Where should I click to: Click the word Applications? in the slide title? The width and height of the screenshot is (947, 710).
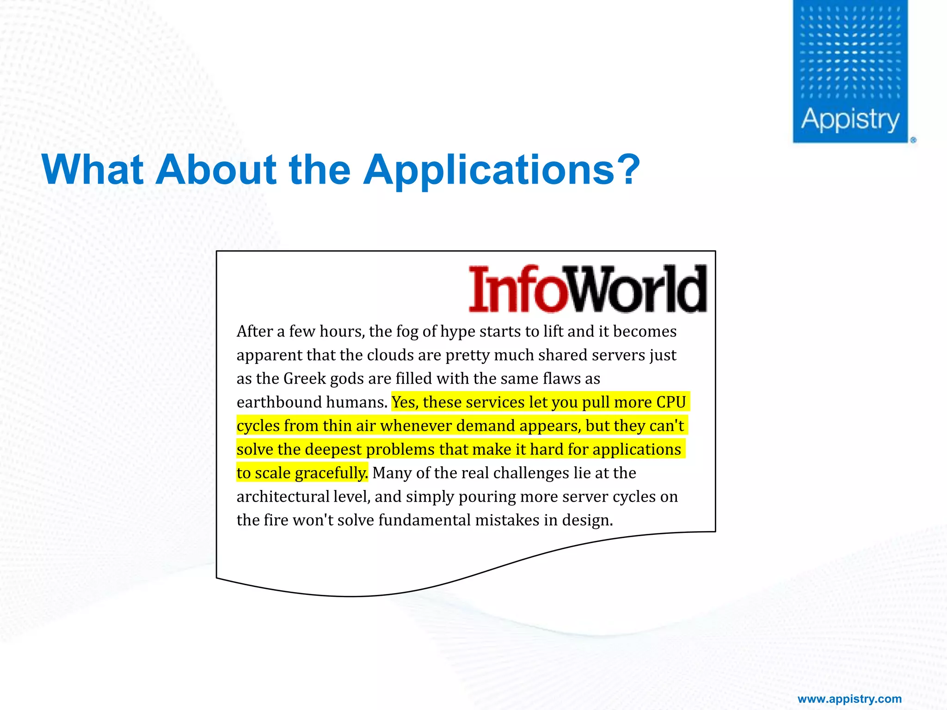tap(502, 170)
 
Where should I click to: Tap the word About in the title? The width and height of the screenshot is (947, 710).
tap(215, 169)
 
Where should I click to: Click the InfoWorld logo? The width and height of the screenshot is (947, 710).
tap(588, 289)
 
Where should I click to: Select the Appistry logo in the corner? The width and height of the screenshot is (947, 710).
tap(850, 72)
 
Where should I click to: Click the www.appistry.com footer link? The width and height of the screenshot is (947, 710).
tap(849, 699)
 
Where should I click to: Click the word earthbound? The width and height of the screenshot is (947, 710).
tap(279, 402)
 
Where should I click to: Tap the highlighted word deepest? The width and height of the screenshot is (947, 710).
tap(333, 449)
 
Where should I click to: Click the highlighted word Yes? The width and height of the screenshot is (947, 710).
tap(405, 402)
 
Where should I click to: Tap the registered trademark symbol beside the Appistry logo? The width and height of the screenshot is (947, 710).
tap(913, 140)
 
